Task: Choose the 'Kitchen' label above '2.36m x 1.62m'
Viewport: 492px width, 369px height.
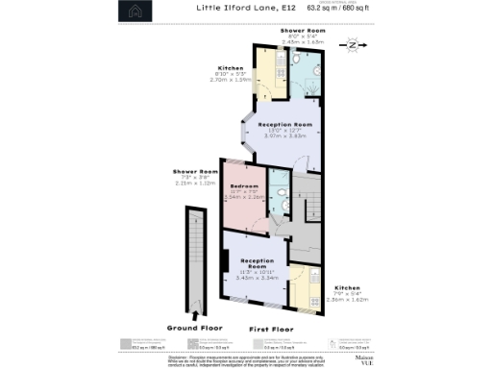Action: tap(348, 287)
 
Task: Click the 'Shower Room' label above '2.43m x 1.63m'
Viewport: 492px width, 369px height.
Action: tap(303, 31)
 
